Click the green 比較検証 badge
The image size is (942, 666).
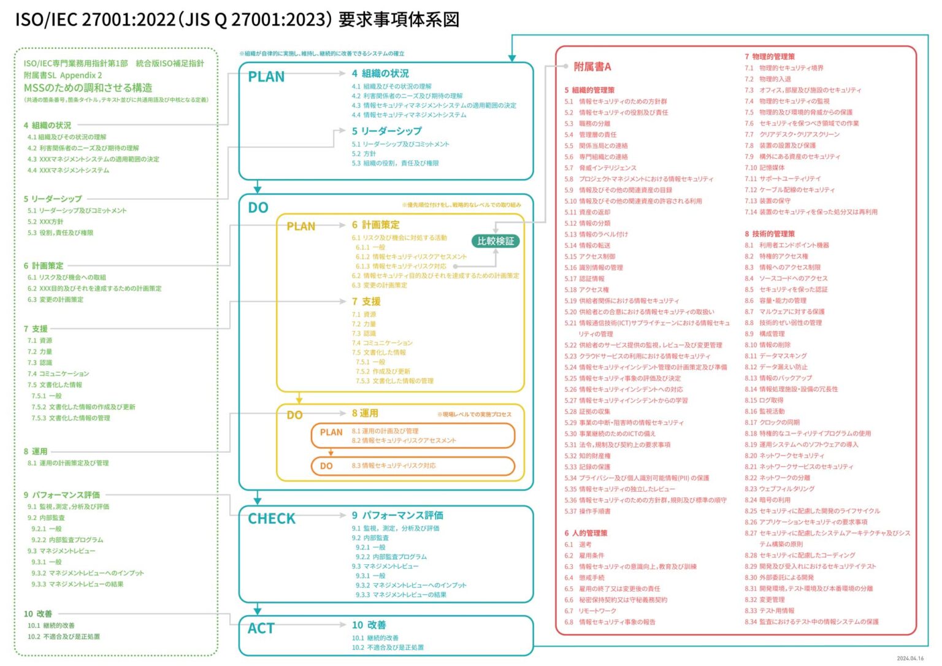coord(496,241)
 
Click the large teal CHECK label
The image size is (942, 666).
coord(271,519)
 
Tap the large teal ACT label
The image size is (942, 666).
coord(261,629)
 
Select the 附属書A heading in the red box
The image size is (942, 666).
coord(592,67)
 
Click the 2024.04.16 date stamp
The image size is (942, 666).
coord(909,659)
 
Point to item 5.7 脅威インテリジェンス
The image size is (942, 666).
coord(600,168)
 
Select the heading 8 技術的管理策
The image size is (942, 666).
coord(770,234)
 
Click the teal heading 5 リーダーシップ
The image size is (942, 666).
coord(386,131)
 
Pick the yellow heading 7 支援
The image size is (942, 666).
coord(366,302)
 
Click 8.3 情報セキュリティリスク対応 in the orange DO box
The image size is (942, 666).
coord(394,466)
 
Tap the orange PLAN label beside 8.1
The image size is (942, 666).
coord(331,432)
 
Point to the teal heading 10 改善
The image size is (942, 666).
coord(369,625)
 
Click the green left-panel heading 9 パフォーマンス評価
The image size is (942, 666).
coord(61,495)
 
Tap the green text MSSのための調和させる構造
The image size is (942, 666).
coord(88,88)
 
